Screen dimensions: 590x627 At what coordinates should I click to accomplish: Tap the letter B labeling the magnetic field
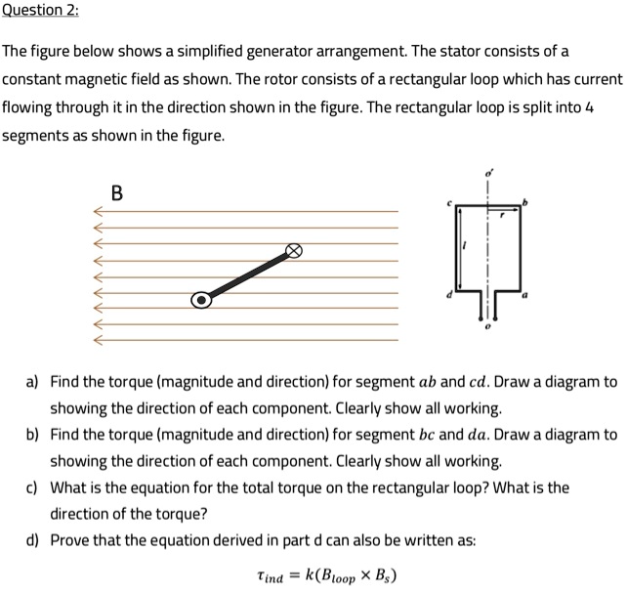coord(117,192)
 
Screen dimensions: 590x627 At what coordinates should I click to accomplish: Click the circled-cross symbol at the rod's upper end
coord(292,251)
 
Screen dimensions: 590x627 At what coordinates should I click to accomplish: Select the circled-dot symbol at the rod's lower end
coord(200,300)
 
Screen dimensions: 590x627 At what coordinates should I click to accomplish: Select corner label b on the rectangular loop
coord(528,201)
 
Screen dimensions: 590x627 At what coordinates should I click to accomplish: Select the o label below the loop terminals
coord(489,330)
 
